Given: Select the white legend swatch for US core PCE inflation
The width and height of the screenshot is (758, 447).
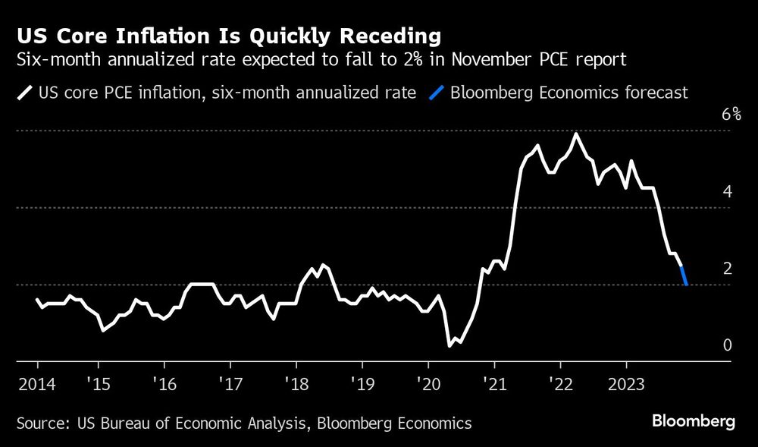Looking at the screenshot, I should coord(26,93).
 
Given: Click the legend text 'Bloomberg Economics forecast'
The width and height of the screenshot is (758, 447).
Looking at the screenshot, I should coord(568,93).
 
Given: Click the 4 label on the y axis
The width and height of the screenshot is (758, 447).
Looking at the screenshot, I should coord(727,192).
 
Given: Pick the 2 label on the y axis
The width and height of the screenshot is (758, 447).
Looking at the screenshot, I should coord(727,269).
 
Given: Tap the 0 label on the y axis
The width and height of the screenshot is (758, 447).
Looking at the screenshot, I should coord(727,345).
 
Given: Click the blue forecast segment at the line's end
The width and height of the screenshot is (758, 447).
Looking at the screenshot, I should coord(684,275).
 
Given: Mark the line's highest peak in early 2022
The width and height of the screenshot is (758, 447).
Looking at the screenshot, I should coord(576,134).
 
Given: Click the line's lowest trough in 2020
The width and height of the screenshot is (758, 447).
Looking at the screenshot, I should coord(449,345).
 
